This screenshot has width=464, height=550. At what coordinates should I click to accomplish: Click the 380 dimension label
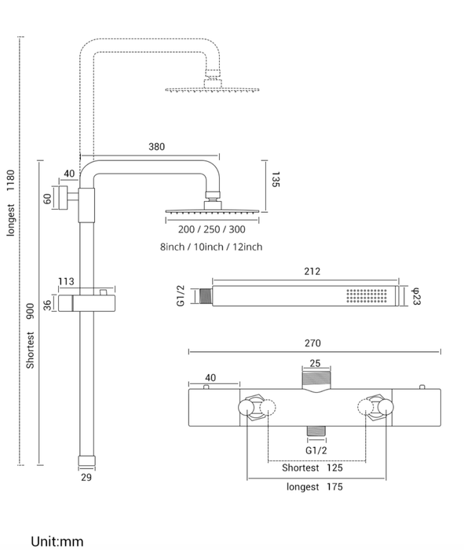[157, 147]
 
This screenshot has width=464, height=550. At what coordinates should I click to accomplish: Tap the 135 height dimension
[276, 179]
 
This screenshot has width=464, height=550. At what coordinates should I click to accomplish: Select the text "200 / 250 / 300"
[212, 229]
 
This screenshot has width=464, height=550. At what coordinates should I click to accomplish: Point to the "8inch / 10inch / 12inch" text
[211, 247]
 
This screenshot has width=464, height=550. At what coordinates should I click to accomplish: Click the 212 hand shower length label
[312, 272]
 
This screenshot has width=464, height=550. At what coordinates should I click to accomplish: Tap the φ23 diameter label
[415, 296]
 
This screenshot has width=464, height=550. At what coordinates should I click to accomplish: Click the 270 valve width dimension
[312, 343]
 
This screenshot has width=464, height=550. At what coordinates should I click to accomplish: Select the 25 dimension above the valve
[316, 363]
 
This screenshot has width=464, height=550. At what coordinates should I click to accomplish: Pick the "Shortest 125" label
[312, 468]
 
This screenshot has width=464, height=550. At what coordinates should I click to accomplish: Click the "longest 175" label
[314, 487]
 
